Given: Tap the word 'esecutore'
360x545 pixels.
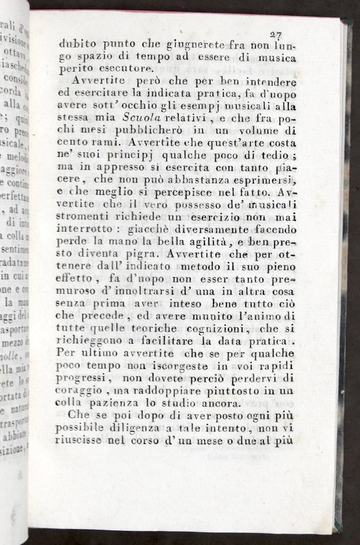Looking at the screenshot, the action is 121,68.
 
